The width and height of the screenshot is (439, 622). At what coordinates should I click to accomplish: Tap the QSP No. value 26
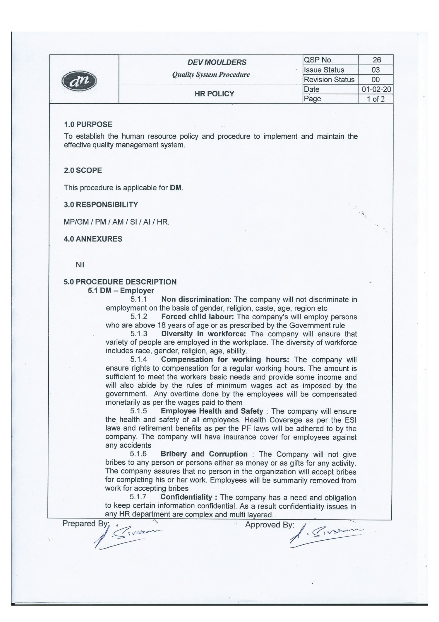click(x=377, y=60)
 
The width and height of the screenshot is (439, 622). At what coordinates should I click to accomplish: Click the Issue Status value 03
click(x=375, y=70)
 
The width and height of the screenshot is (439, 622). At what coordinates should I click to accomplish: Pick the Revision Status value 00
click(x=375, y=79)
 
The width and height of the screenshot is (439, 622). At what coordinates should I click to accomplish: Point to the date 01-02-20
click(x=376, y=89)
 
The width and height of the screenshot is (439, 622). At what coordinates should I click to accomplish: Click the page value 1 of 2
click(x=376, y=99)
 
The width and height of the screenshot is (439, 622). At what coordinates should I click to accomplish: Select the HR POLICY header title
click(x=215, y=94)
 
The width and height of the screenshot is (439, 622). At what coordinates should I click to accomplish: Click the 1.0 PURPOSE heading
click(x=88, y=125)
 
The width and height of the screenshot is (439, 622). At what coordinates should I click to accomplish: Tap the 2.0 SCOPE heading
click(x=83, y=171)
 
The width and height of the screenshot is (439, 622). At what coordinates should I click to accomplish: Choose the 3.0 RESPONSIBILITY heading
click(x=101, y=205)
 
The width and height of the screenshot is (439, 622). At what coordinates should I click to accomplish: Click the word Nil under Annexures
click(x=80, y=265)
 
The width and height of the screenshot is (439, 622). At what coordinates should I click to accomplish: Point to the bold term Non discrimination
click(x=196, y=299)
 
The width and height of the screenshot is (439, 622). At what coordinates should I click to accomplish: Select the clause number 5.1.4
click(x=139, y=359)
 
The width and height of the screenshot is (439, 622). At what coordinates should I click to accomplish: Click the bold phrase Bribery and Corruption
click(x=204, y=454)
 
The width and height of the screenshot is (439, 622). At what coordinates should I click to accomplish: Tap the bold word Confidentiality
click(x=186, y=497)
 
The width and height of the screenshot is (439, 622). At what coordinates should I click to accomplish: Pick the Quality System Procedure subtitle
click(x=211, y=75)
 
